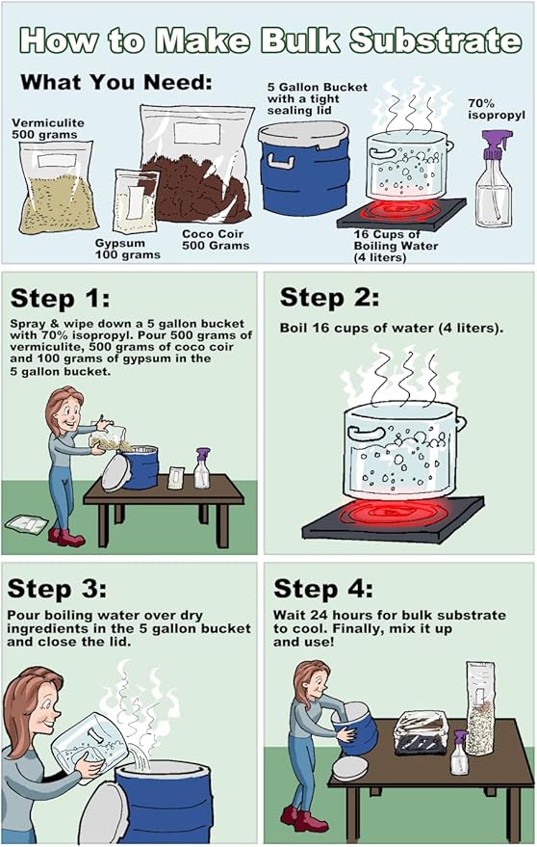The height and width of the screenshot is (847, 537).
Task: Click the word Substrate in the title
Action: [x=435, y=41]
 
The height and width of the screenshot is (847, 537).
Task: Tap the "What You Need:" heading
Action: [x=116, y=82]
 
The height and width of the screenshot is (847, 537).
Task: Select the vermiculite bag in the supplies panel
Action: [x=57, y=188]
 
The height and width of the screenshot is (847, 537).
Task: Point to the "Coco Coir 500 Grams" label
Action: [x=216, y=240]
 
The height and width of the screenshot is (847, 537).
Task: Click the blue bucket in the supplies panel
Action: [x=304, y=169]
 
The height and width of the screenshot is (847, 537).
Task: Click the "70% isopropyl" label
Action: [x=496, y=109]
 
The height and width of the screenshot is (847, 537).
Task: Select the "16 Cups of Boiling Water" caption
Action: [x=396, y=246]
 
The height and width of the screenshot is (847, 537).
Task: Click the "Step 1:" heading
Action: [x=60, y=299]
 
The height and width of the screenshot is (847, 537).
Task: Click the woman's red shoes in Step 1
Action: [x=65, y=538]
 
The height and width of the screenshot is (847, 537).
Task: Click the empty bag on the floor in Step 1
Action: [x=26, y=524]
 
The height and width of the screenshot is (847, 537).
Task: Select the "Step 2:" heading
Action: [x=329, y=298]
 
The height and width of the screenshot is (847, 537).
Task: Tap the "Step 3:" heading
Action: [x=57, y=589]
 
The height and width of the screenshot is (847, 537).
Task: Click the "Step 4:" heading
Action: [x=322, y=588]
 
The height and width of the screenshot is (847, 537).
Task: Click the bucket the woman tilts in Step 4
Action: [x=354, y=728]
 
